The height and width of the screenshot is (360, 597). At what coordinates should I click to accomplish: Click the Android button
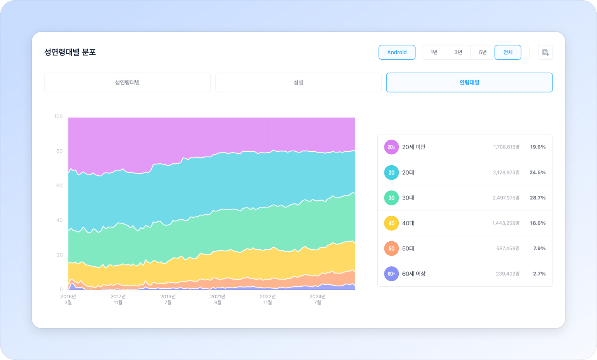pyautogui.click(x=397, y=52)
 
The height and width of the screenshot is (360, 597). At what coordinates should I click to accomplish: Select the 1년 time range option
pyautogui.click(x=434, y=52)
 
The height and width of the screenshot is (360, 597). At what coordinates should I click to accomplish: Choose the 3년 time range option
pyautogui.click(x=458, y=52)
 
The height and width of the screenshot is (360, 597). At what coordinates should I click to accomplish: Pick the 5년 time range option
pyautogui.click(x=482, y=52)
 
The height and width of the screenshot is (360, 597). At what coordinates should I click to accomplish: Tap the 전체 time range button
pyautogui.click(x=508, y=52)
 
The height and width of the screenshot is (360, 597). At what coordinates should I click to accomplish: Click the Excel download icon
pyautogui.click(x=545, y=53)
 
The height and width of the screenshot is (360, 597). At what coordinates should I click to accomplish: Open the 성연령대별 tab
pyautogui.click(x=127, y=82)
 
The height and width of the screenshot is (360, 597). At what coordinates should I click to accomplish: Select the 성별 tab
pyautogui.click(x=298, y=82)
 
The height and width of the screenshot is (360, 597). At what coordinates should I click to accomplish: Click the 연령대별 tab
pyautogui.click(x=469, y=82)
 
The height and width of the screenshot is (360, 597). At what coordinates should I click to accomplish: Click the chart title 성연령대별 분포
pyautogui.click(x=70, y=52)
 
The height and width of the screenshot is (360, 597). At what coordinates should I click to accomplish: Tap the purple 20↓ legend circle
pyautogui.click(x=391, y=147)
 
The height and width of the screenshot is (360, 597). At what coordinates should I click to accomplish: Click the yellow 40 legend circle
pyautogui.click(x=391, y=223)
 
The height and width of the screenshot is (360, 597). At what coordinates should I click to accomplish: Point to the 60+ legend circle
pyautogui.click(x=391, y=274)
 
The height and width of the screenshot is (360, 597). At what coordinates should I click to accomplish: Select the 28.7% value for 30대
pyautogui.click(x=537, y=198)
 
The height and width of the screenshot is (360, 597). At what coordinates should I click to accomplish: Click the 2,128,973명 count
pyautogui.click(x=506, y=172)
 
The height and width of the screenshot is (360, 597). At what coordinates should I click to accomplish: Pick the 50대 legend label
pyautogui.click(x=408, y=248)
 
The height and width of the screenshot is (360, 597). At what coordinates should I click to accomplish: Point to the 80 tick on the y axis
pyautogui.click(x=59, y=151)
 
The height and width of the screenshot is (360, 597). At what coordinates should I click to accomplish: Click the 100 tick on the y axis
pyautogui.click(x=59, y=116)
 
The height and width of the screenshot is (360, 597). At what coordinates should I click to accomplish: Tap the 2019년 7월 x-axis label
pyautogui.click(x=168, y=299)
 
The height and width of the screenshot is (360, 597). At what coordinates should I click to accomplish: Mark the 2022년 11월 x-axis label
pyautogui.click(x=267, y=299)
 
